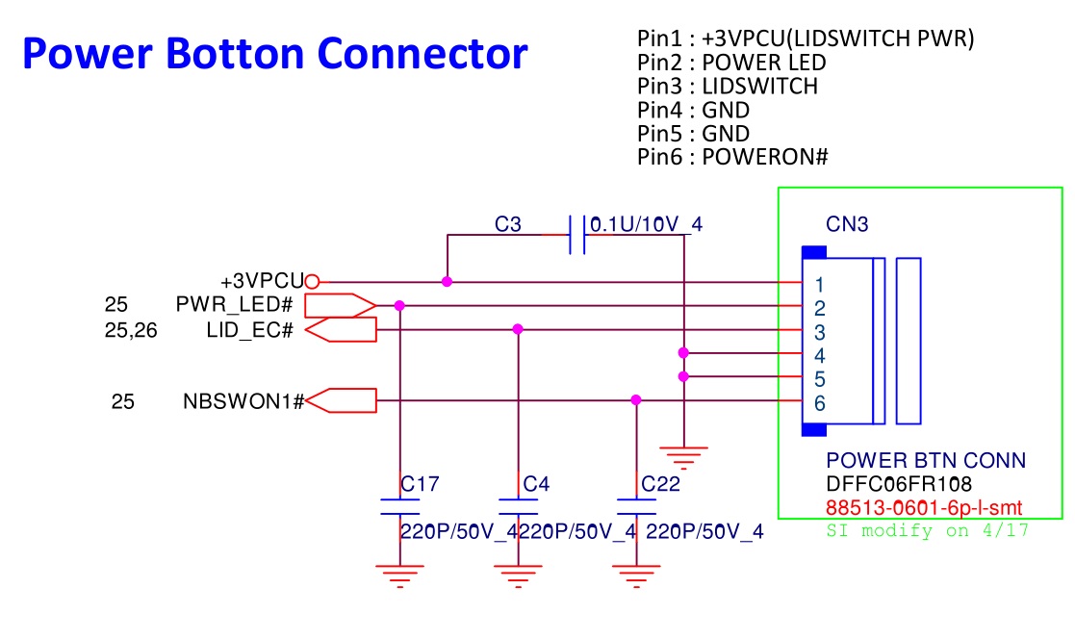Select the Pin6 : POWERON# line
(732, 157)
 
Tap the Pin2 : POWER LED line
(731, 63)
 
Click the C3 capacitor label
(508, 225)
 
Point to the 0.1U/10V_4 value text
(646, 225)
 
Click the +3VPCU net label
(262, 282)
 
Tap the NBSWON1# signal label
(243, 401)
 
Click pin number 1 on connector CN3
(818, 285)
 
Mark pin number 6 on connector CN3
(819, 403)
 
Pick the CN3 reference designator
(847, 225)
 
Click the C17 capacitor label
(420, 484)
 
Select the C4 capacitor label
(536, 484)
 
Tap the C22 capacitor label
(661, 484)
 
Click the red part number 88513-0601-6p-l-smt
(923, 507)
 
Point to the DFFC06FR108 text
(899, 484)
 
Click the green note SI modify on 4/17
(928, 530)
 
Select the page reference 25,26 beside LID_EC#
(131, 330)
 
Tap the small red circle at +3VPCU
(312, 282)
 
